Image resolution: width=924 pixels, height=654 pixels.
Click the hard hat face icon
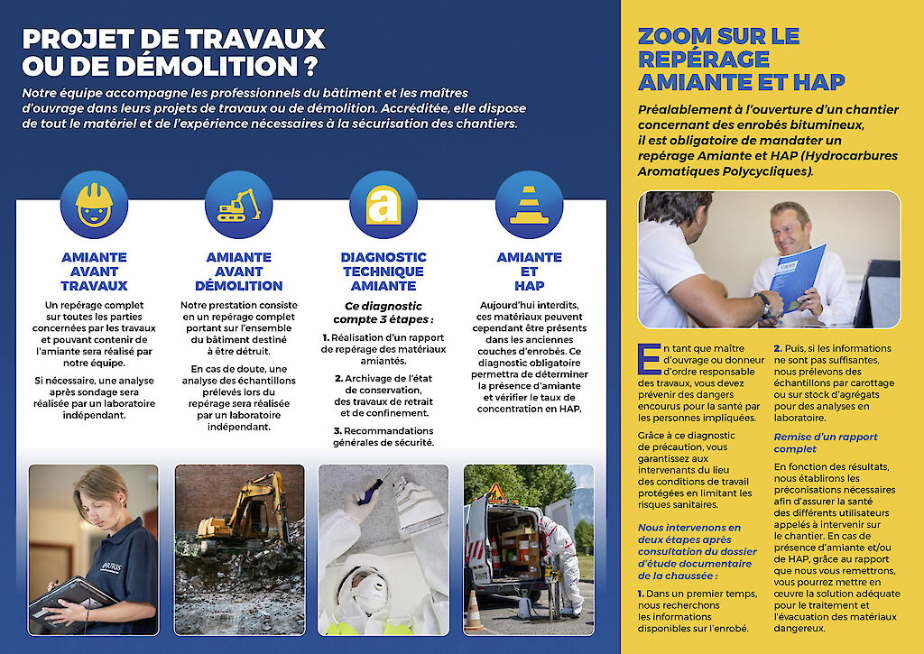pos(94,204)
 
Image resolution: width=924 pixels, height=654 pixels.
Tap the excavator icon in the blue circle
pos(238,205)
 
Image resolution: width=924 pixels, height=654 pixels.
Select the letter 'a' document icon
pos(383,205)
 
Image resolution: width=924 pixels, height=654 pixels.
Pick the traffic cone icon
pos(528,205)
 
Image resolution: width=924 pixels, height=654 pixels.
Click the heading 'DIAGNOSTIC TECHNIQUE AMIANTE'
pos(383,272)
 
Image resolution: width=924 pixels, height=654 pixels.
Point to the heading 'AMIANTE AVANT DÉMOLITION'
pos(238,272)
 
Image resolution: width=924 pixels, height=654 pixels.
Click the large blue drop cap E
pos(648,358)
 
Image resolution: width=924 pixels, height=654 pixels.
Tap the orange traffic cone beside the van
pos(473,611)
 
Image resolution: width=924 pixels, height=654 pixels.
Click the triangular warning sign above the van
pos(495,491)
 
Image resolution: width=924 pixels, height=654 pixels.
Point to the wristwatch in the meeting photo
pos(764,302)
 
